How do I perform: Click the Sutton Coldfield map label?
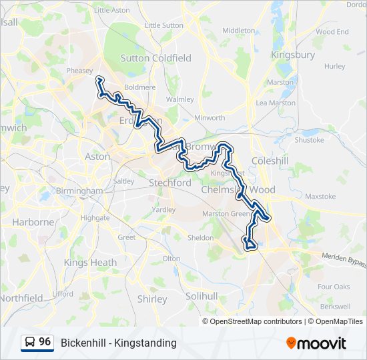(x=155, y=58)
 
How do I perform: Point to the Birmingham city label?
(x=79, y=191)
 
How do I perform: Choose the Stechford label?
(x=171, y=183)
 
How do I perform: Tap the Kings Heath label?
(x=90, y=263)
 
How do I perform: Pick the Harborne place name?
(x=32, y=222)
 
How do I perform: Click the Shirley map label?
(x=151, y=299)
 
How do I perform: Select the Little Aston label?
(x=112, y=10)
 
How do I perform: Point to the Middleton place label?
(x=239, y=31)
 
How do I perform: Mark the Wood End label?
(x=332, y=31)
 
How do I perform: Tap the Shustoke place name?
(x=309, y=140)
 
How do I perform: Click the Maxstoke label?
(x=320, y=197)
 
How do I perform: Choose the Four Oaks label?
(x=334, y=287)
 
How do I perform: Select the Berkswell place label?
(x=335, y=307)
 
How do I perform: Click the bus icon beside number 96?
(x=30, y=343)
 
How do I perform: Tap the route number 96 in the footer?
(x=45, y=342)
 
